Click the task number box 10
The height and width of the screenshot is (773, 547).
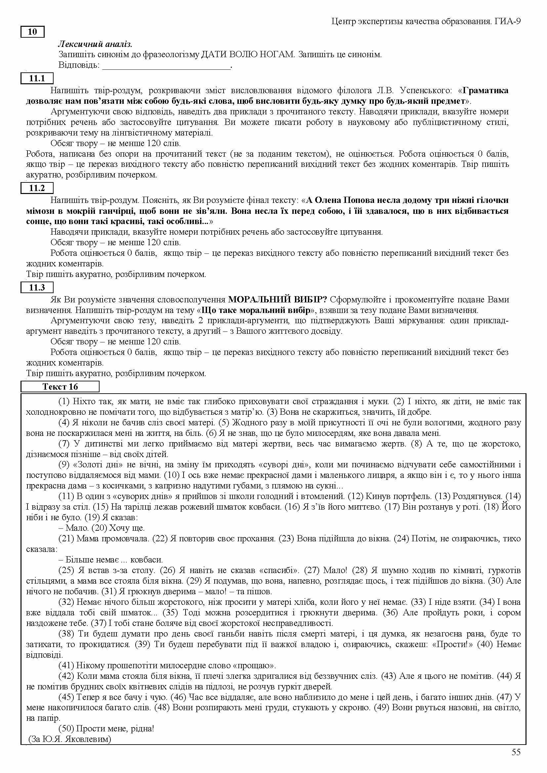coord(32,32)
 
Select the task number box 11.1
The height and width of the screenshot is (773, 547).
coord(37,78)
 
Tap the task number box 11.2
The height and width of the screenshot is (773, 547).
coord(37,188)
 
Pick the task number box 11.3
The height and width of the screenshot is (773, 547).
coord(37,287)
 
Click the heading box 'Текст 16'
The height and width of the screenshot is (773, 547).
coord(60,387)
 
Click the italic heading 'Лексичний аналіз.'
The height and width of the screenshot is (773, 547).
coord(95,44)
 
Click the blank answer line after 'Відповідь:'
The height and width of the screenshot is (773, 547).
coord(166,65)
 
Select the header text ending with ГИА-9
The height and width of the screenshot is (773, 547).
coord(426,21)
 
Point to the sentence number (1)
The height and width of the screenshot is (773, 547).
coord(64,401)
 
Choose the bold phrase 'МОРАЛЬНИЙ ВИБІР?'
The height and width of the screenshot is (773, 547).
coord(277,299)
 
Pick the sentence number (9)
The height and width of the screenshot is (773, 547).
coord(64,465)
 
